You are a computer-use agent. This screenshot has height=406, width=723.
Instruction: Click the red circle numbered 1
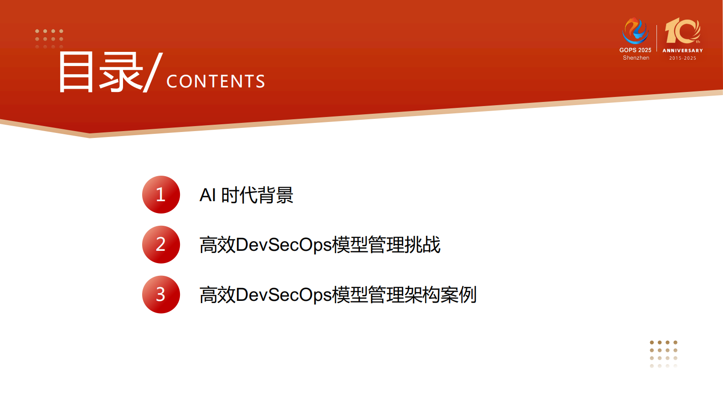pyautogui.click(x=161, y=195)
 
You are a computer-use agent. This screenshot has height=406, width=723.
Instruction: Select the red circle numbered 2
pyautogui.click(x=161, y=244)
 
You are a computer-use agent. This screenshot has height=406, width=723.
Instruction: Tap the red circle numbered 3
pyautogui.click(x=161, y=294)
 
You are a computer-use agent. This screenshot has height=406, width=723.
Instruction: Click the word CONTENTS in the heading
pyautogui.click(x=215, y=81)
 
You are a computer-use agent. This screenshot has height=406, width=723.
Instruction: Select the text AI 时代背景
pyautogui.click(x=246, y=195)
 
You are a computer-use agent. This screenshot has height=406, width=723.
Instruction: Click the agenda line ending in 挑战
pyautogui.click(x=320, y=245)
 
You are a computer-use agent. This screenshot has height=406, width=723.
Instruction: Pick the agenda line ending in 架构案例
pyautogui.click(x=338, y=295)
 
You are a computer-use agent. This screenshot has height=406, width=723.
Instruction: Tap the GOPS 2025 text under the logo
pyautogui.click(x=635, y=50)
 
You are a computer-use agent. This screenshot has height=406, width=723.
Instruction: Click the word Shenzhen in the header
pyautogui.click(x=636, y=58)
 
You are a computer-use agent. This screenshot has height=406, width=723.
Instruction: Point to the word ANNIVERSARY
pyautogui.click(x=682, y=51)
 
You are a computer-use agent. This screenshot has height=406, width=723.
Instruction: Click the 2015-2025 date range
pyautogui.click(x=682, y=58)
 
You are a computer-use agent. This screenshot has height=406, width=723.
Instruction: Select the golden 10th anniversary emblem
pyautogui.click(x=682, y=31)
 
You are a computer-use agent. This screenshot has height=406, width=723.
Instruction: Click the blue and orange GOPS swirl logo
pyautogui.click(x=635, y=30)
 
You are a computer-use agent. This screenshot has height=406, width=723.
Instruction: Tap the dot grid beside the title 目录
pyautogui.click(x=49, y=39)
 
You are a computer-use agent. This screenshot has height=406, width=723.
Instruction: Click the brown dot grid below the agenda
pyautogui.click(x=663, y=354)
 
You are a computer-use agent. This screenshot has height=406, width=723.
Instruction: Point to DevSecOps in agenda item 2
pyautogui.click(x=284, y=245)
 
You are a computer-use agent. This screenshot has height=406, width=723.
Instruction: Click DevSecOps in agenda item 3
pyautogui.click(x=284, y=295)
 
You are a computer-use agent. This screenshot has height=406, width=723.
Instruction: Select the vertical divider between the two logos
pyautogui.click(x=656, y=38)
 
